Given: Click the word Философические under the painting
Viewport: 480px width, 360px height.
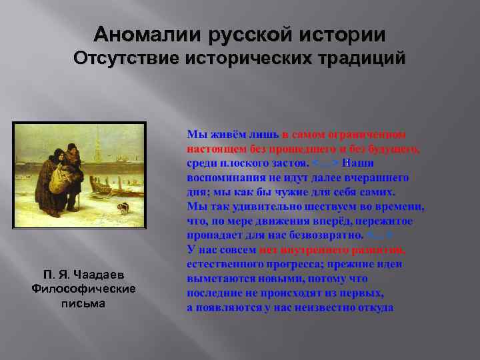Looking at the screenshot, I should [x=84, y=288].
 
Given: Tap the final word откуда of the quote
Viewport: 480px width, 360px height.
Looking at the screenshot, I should [x=376, y=308].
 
